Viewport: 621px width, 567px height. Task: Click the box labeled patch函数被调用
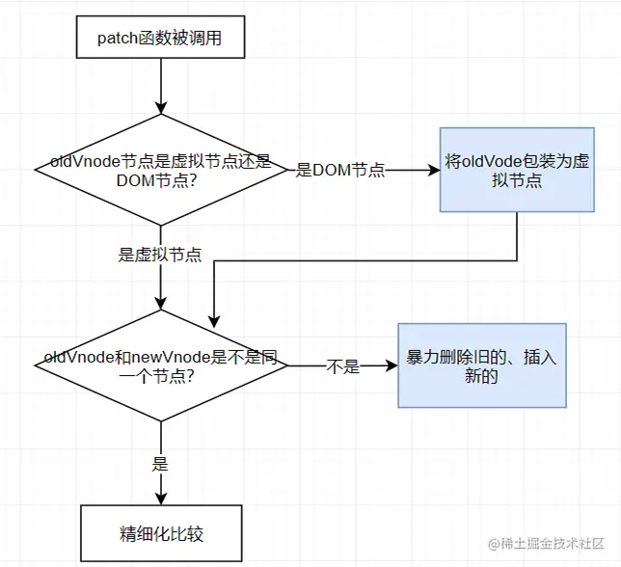tap(161, 40)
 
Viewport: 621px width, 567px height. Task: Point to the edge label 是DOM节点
tap(340, 171)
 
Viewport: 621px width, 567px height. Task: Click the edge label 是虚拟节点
tap(160, 255)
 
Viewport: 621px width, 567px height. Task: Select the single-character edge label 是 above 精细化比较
tap(161, 464)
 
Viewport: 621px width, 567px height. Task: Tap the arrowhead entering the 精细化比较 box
tap(161, 499)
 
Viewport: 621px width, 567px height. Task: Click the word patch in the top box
tap(118, 40)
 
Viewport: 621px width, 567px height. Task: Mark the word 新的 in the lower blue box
tap(481, 377)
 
